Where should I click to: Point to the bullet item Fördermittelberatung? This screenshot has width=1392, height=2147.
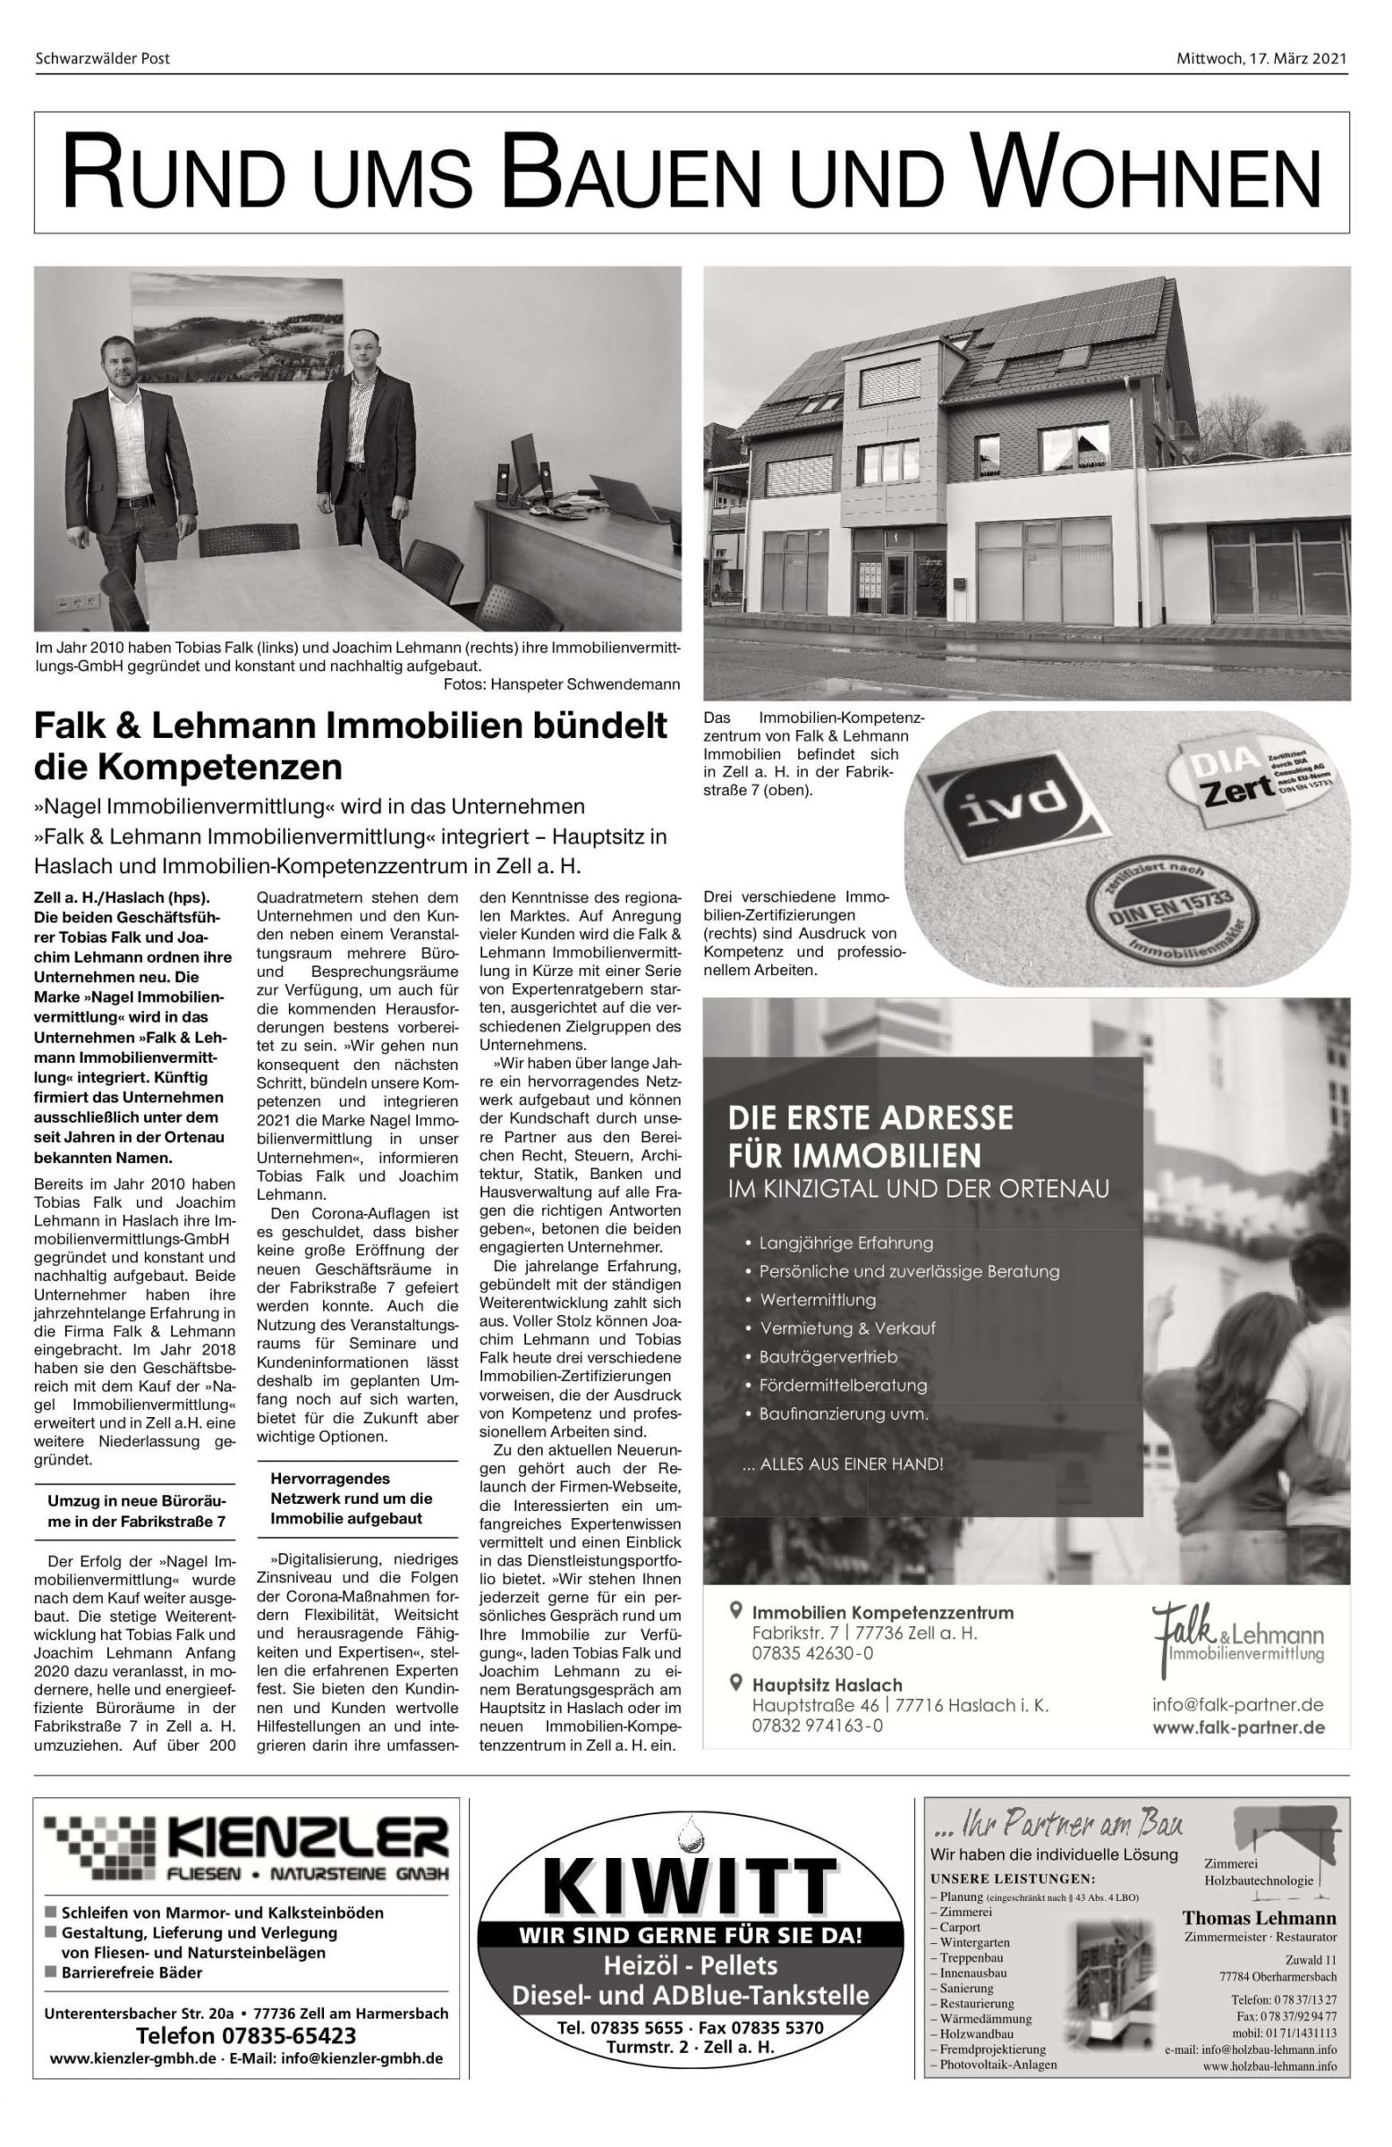(843, 1384)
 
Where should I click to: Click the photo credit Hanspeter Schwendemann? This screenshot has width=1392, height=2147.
(561, 683)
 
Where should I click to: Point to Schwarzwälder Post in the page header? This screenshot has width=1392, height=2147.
(102, 59)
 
